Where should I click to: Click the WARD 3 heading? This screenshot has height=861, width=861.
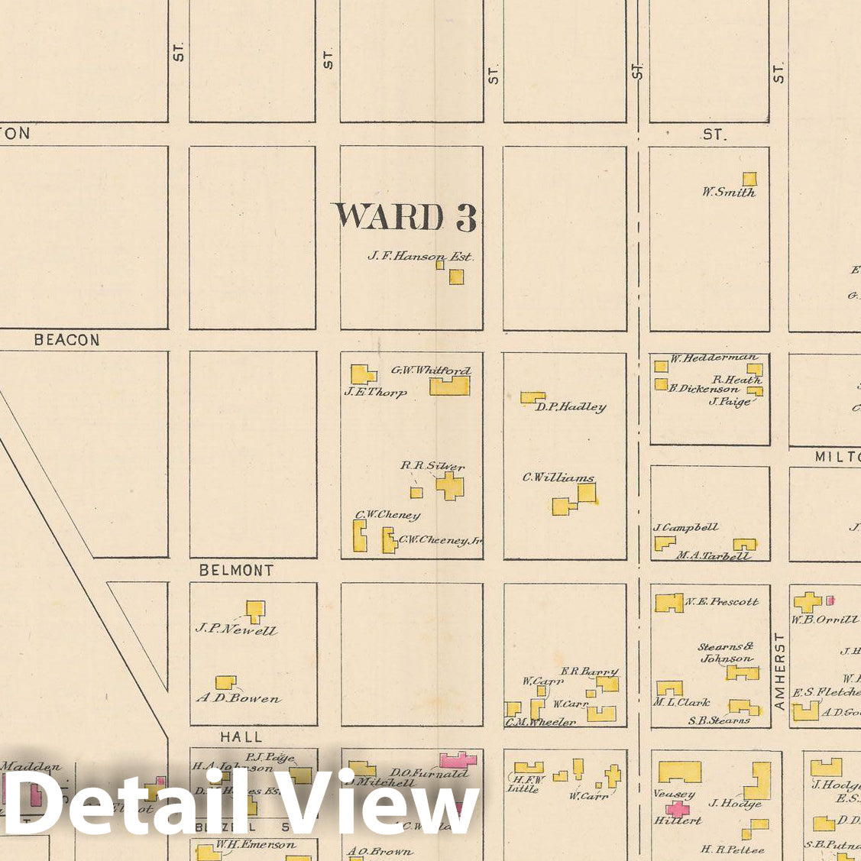(404, 217)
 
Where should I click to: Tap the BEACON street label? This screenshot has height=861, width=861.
(66, 340)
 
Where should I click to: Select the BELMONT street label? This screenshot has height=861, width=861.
(236, 570)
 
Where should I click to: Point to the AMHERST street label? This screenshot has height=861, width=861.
(779, 671)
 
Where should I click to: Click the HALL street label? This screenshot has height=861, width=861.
(241, 737)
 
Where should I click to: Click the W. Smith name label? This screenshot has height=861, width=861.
(729, 193)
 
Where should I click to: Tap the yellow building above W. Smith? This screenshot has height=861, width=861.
(749, 179)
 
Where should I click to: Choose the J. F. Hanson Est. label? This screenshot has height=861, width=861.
(420, 257)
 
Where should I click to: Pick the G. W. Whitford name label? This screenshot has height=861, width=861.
(431, 371)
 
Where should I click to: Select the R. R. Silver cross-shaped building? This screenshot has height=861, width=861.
(450, 485)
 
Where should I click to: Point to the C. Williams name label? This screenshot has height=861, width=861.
(558, 477)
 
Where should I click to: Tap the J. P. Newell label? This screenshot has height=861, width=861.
(237, 630)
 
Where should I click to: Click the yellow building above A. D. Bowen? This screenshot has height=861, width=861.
(225, 681)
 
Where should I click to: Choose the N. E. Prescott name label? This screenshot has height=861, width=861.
(722, 601)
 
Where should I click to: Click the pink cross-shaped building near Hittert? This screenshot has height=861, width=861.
(677, 808)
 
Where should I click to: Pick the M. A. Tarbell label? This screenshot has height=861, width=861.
(713, 555)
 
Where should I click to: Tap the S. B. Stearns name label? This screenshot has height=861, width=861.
(719, 720)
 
